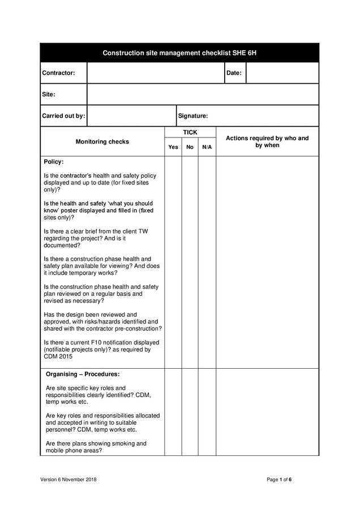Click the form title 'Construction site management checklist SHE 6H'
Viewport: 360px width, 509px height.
pos(179,53)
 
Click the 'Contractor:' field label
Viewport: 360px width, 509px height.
pos(58,73)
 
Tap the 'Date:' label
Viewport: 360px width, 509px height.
pos(234,73)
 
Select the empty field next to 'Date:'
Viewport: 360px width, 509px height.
pos(282,73)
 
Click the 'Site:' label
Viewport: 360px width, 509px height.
pos(49,94)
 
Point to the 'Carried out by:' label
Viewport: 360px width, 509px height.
pos(63,116)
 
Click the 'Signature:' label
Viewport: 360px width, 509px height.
pos(193,116)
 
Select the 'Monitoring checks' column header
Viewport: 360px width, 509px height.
pos(102,141)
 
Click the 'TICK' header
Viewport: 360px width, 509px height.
pos(190,132)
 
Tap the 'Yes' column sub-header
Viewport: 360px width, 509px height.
pos(173,147)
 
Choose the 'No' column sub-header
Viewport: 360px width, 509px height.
pos(190,147)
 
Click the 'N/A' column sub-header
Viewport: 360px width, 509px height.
pos(207,147)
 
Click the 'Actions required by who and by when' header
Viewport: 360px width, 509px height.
pos(267,141)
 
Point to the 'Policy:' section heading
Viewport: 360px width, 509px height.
pos(54,162)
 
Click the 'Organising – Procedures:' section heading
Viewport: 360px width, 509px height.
pos(83,374)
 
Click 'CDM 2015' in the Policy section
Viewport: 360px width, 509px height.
pos(58,357)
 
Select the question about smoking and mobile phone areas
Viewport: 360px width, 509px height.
pos(96,447)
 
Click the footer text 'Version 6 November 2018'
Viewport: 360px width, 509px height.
pos(68,480)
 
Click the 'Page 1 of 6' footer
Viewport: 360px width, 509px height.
pos(279,480)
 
